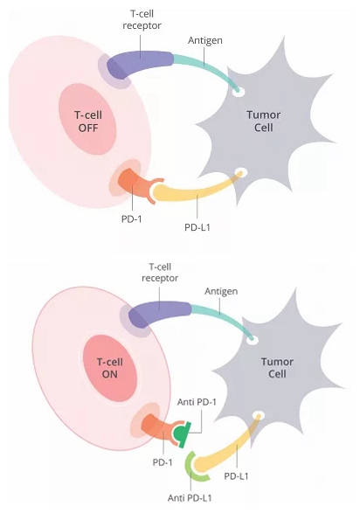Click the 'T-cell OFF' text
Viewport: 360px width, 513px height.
tap(88, 121)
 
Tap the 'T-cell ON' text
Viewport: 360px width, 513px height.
tap(110, 368)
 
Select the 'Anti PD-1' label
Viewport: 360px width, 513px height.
tap(197, 402)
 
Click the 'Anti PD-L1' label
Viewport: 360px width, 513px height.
tap(190, 498)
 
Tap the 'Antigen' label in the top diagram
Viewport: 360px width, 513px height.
tap(205, 40)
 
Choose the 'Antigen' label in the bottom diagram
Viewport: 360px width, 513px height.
tap(221, 291)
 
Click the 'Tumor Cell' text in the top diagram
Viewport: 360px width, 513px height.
tap(263, 121)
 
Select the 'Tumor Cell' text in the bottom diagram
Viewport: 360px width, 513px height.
tap(277, 368)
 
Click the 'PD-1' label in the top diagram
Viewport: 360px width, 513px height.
tap(131, 218)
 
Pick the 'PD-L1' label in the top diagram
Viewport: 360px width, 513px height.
tap(197, 227)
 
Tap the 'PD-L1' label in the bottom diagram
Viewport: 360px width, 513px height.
tap(236, 476)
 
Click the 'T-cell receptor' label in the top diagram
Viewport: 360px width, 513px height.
tap(142, 19)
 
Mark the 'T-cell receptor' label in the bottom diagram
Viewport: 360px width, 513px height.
tap(160, 273)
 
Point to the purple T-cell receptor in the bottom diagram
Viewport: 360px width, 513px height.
tap(157, 313)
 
